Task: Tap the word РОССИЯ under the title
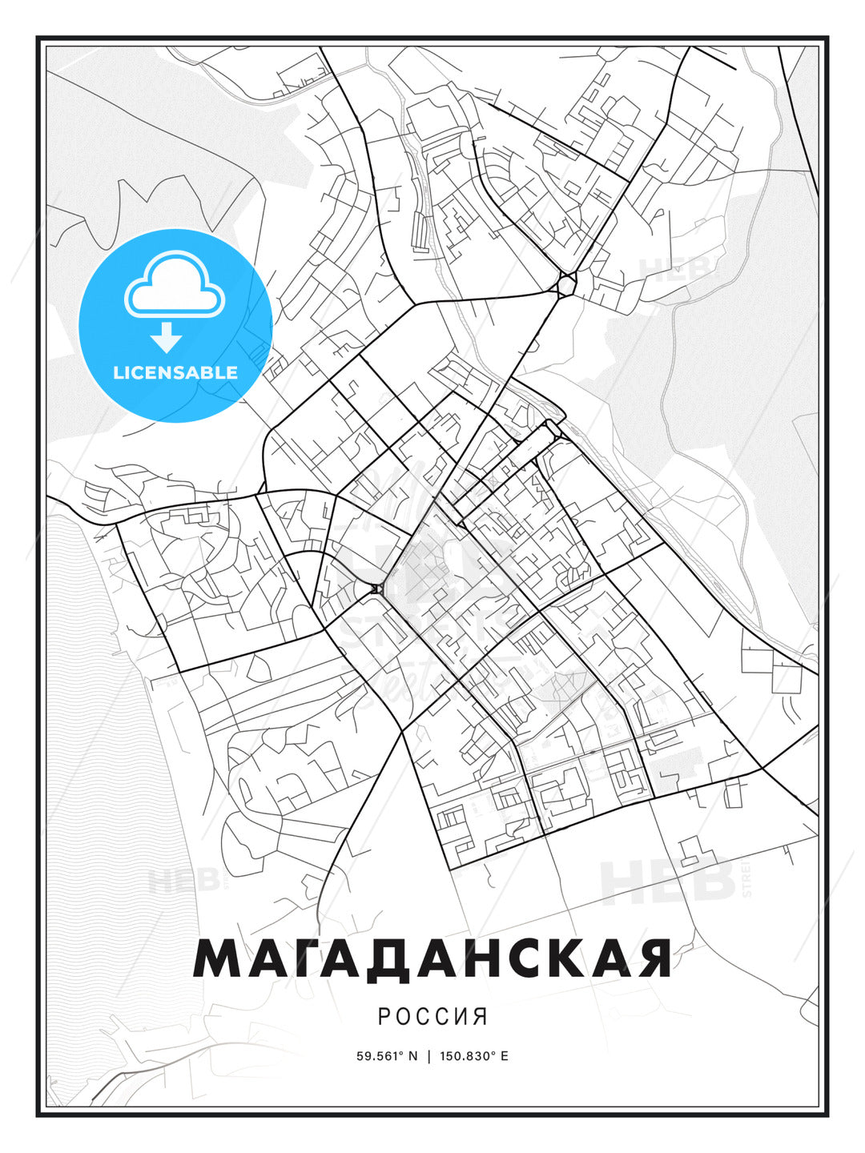coord(432,1016)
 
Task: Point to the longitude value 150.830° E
coord(473,1055)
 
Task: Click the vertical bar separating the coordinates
coord(429,1055)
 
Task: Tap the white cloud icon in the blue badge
coord(175,287)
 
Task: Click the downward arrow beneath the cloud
coord(167,337)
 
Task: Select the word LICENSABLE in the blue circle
coord(175,372)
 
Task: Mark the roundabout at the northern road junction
coord(566,284)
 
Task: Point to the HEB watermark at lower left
coord(183,880)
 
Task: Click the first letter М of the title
coord(219,958)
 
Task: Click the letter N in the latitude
coord(413,1055)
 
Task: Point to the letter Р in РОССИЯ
coord(384,1016)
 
